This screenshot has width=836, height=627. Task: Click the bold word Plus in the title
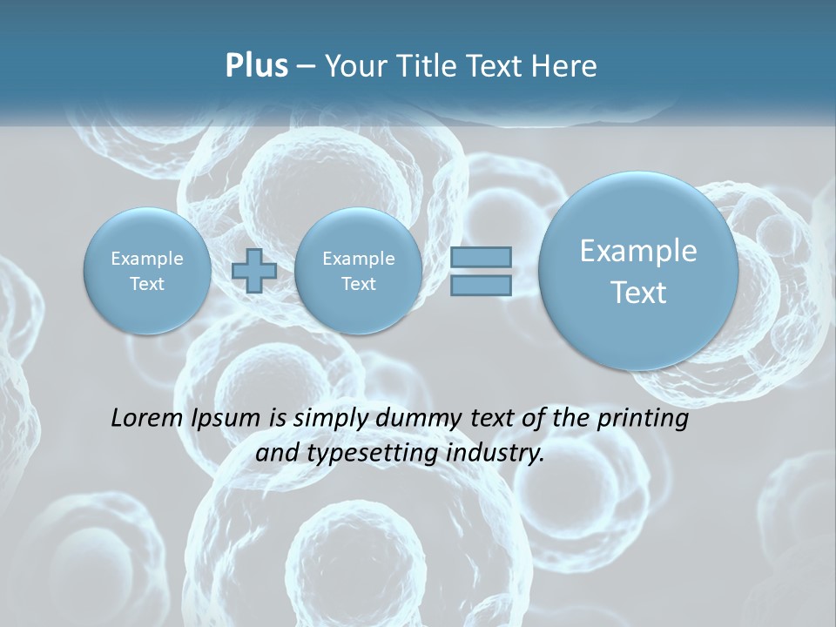256,66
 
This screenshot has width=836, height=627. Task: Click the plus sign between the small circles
254,270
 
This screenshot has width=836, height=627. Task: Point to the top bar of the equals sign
481,257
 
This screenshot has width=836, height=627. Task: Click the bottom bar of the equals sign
481,285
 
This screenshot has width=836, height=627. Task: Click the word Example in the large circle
638,251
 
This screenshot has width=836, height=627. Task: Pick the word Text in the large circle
638,293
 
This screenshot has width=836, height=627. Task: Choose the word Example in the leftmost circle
147,259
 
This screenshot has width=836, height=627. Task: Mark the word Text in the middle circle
358,284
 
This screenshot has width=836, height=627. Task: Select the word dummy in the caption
421,419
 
